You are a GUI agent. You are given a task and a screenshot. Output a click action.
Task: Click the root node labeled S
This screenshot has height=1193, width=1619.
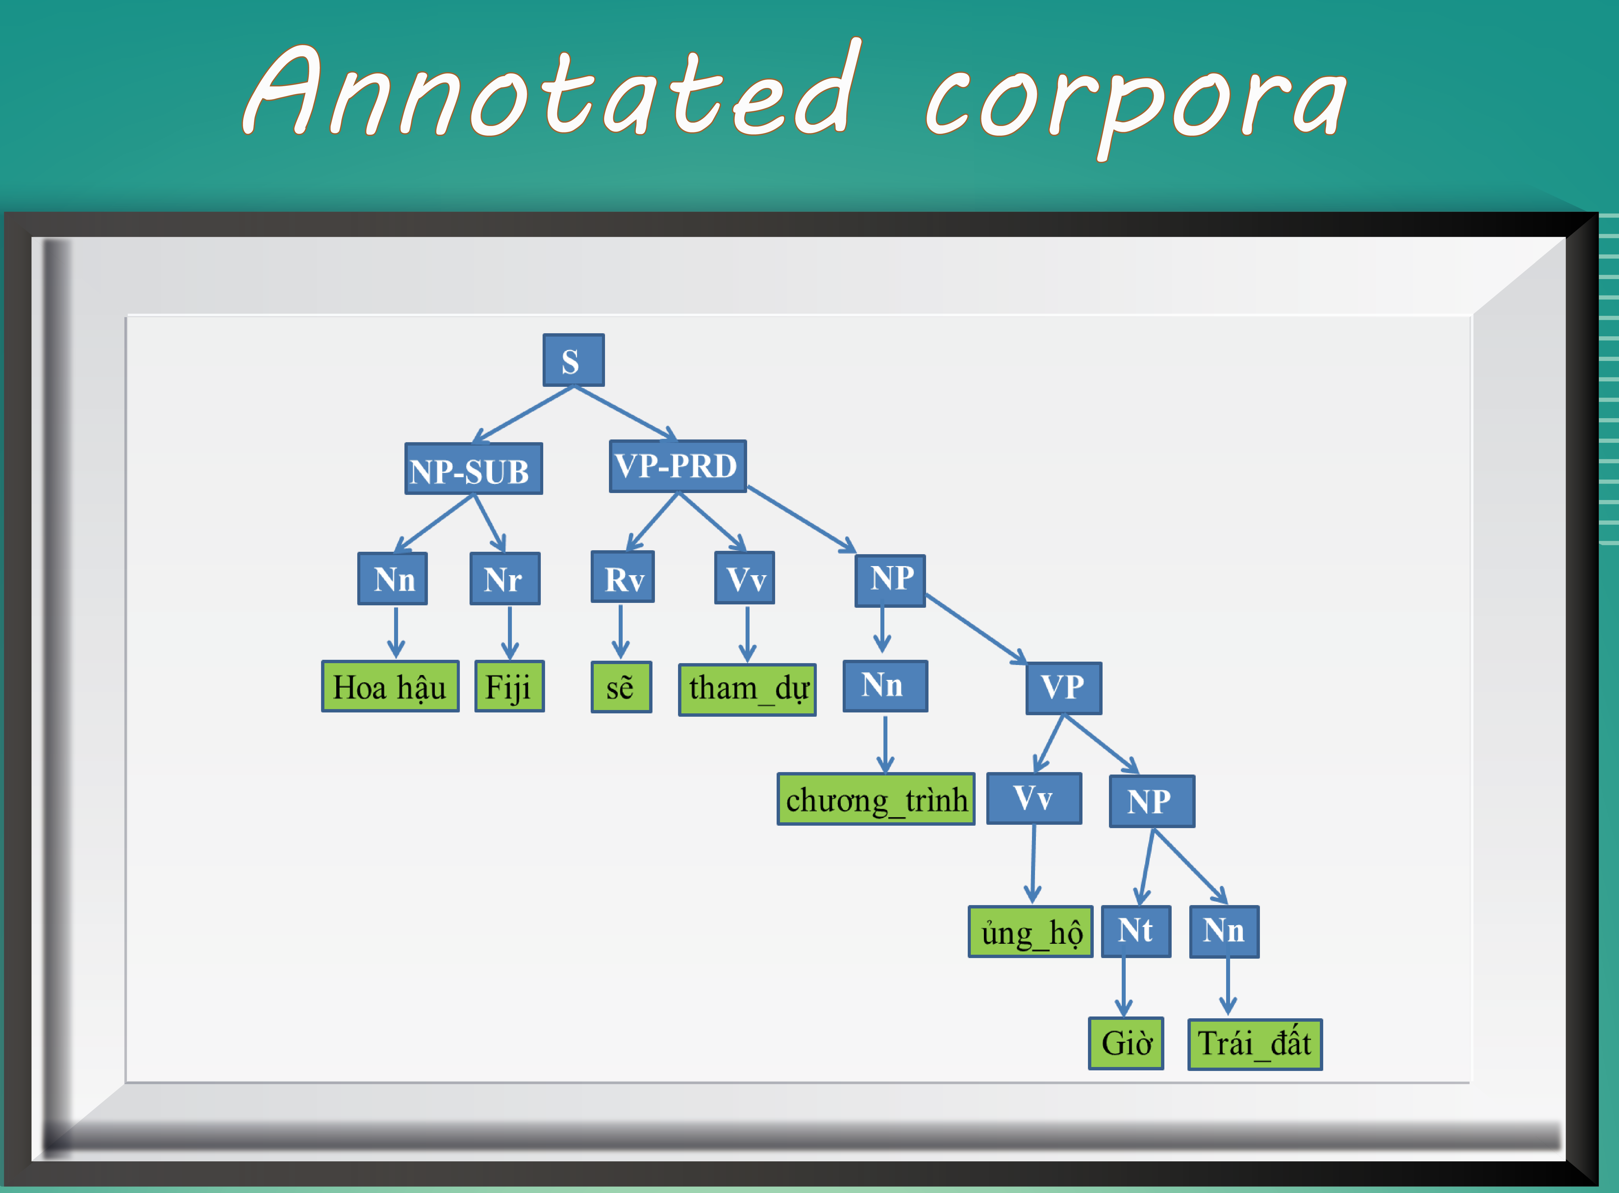[x=573, y=360]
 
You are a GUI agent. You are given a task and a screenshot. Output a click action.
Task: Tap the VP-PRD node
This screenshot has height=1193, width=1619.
[x=677, y=466]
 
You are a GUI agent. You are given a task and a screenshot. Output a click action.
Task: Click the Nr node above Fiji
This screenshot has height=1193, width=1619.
[x=505, y=579]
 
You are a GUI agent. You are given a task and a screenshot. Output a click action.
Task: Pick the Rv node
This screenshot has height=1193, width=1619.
[x=622, y=577]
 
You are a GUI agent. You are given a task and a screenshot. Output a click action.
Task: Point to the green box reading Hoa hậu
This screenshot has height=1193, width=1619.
[x=390, y=686]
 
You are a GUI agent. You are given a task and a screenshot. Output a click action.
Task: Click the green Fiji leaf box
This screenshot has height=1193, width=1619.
[x=509, y=686]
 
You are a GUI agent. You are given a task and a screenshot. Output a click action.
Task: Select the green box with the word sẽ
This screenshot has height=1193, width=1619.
[x=621, y=687]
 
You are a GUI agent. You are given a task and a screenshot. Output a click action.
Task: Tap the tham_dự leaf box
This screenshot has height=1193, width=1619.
[x=747, y=690]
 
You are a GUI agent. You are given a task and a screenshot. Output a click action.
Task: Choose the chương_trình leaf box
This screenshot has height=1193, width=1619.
[x=876, y=799]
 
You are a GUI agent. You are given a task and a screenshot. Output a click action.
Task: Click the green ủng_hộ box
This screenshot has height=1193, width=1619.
[x=1030, y=932]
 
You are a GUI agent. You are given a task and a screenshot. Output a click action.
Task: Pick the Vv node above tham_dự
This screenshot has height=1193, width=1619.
[x=744, y=578]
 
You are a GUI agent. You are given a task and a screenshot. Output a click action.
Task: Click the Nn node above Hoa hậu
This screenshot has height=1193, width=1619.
[x=393, y=579]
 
